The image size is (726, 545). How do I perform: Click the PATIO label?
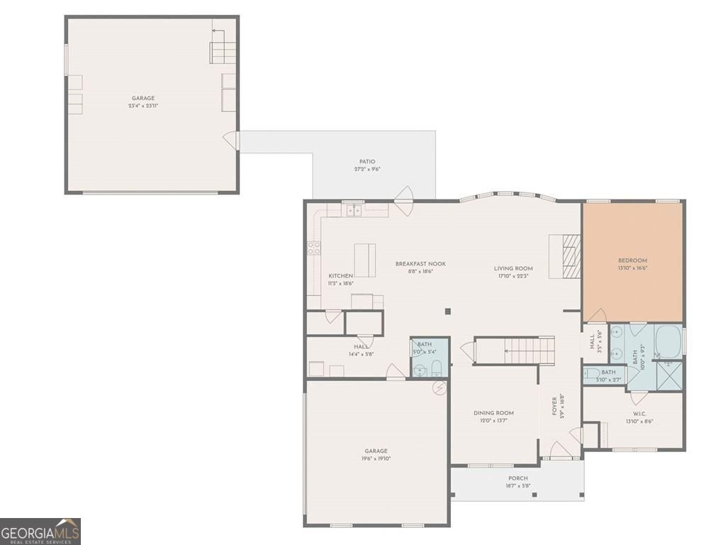point(367,162)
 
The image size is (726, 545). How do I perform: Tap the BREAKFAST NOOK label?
point(420,263)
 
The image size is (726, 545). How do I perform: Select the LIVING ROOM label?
point(513,268)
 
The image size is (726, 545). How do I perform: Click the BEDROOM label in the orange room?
point(632,260)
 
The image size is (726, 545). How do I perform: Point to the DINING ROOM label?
point(493,412)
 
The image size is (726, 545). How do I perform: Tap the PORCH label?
point(518,478)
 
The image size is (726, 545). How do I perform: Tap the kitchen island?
point(366,260)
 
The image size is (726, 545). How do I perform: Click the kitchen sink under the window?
point(352,211)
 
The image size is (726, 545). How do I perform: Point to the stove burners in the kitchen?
point(313,248)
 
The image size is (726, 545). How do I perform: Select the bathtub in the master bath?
point(668,341)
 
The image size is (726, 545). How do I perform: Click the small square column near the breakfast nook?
point(447,311)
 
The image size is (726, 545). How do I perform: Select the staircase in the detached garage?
point(222,52)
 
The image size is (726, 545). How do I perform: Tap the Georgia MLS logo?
point(40,531)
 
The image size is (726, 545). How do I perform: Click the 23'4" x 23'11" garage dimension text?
point(143,106)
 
